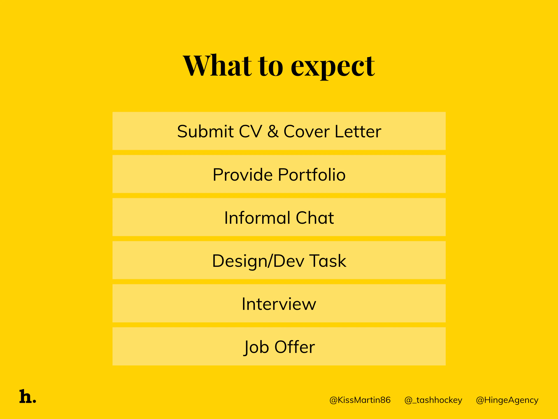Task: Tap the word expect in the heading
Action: tap(333, 67)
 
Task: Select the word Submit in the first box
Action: tap(205, 131)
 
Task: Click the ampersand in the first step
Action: tap(273, 131)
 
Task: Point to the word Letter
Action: tap(358, 131)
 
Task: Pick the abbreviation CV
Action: tap(250, 131)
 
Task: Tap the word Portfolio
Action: tap(312, 175)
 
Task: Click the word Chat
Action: tap(315, 218)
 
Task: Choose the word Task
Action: tap(328, 261)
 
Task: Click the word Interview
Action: tap(279, 304)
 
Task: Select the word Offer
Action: tap(295, 347)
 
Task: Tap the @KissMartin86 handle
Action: tap(360, 400)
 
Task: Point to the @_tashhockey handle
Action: tap(433, 400)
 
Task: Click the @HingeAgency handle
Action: tap(507, 400)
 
